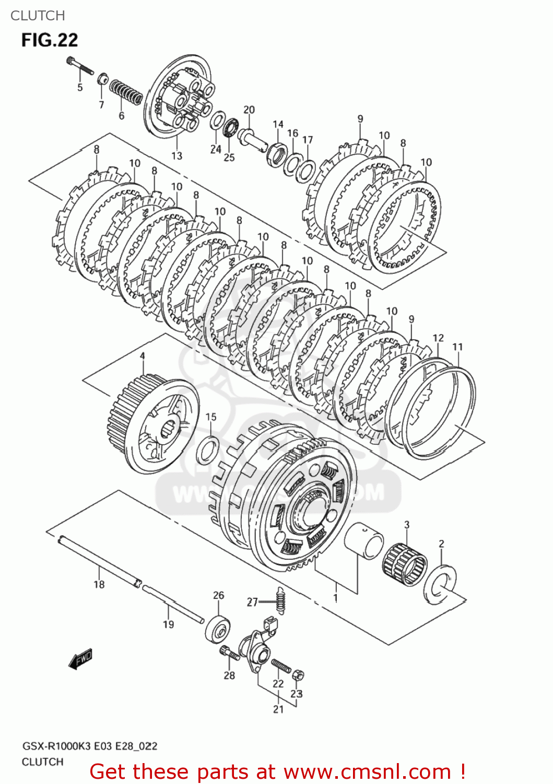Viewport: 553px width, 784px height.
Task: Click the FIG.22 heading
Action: pyautogui.click(x=50, y=40)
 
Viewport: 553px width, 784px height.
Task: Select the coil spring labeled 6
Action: pyautogui.click(x=125, y=92)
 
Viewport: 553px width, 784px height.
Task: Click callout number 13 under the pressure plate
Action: pyautogui.click(x=177, y=155)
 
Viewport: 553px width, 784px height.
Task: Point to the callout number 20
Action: pyautogui.click(x=249, y=110)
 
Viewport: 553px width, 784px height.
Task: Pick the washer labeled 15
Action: pyautogui.click(x=207, y=450)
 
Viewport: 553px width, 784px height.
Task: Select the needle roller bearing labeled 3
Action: pyautogui.click(x=405, y=563)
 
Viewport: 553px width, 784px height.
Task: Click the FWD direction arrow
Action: pyautogui.click(x=80, y=659)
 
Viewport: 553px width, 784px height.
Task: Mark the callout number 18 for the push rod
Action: pyautogui.click(x=99, y=584)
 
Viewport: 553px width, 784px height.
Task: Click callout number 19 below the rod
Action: pyautogui.click(x=168, y=624)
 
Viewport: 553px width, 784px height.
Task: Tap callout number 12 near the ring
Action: pyautogui.click(x=438, y=338)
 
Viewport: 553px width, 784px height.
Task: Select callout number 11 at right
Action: pyautogui.click(x=457, y=347)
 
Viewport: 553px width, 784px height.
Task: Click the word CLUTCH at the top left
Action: pyautogui.click(x=38, y=16)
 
